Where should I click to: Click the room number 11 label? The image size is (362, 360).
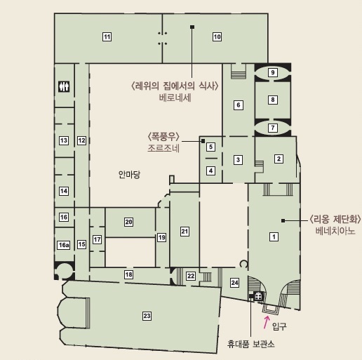pos(107,36)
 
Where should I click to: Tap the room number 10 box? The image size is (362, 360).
pos(217,36)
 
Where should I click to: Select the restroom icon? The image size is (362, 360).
pos(64,86)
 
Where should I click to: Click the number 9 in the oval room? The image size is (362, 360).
pos(273,72)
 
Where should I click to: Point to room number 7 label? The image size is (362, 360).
pos(273,128)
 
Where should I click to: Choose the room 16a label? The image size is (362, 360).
pos(64,245)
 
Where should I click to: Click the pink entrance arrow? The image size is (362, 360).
pos(267,322)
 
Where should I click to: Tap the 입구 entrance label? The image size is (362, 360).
pos(279,326)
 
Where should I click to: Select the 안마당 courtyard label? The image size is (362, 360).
pos(129,174)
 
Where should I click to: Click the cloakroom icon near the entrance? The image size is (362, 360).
pos(258,297)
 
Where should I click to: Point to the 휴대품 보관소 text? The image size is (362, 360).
pos(250,344)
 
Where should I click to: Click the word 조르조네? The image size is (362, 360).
pos(163,148)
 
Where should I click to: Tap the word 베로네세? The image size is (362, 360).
pos(175,98)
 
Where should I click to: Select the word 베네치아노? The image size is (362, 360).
pos(335,231)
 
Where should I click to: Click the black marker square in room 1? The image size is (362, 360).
pos(283,220)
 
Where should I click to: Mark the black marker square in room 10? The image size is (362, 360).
pos(192,27)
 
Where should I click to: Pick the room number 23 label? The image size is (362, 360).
pos(147,316)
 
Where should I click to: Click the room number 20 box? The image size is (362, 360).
pos(128,222)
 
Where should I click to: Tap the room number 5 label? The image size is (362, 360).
pos(210,147)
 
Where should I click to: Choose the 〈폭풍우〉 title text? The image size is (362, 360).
pos(163,136)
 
